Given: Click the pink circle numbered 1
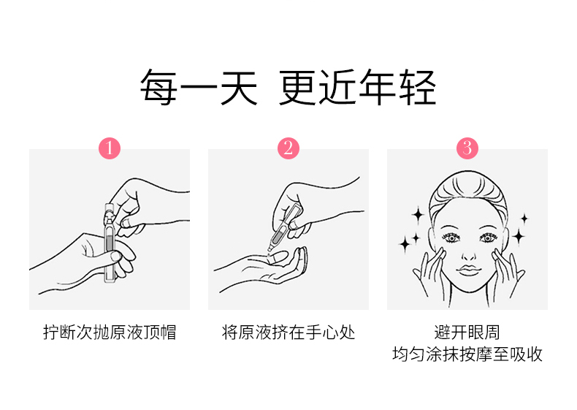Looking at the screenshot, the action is pos(110,148).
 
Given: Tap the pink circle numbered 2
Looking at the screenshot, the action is pos(288,148).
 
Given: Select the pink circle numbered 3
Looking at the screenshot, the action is pos(467,148).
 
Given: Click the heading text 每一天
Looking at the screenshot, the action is pos(199,87).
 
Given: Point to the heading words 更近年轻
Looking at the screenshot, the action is pos(358,87).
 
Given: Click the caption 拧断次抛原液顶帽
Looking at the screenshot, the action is pos(110,332).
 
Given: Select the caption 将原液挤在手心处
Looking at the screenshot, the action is pos(288,332).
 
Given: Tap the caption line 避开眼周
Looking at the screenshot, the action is pos(467,332).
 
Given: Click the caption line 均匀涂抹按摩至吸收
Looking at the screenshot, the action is pos(467,354).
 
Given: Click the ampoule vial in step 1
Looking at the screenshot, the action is pos(110,243).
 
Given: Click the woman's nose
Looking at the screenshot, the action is pos(468,254).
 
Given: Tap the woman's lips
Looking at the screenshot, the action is pos(468,269).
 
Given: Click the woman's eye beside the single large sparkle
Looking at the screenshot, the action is pos(488,238).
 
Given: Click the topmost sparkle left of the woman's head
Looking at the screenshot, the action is pos(418,214).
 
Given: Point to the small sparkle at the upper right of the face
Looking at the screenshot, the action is pos(524,219).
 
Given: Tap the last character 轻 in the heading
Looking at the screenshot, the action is pos(419,87).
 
